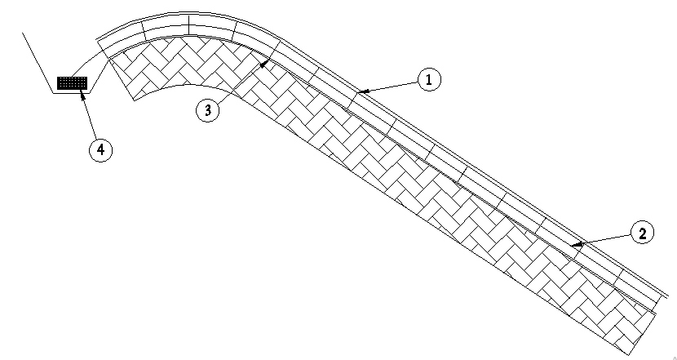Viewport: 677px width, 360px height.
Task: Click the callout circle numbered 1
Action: click(429, 79)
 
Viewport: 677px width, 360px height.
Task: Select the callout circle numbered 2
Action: click(643, 233)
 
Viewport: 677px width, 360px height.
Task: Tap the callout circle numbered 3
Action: click(208, 110)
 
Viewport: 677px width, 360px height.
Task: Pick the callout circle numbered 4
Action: click(100, 150)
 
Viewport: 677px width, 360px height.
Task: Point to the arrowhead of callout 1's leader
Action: click(361, 91)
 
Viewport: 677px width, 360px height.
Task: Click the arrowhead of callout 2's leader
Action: click(575, 245)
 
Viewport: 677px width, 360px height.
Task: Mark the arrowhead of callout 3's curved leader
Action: click(262, 66)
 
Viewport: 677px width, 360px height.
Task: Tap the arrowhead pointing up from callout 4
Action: click(82, 93)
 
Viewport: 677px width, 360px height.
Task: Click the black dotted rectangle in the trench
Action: click(73, 82)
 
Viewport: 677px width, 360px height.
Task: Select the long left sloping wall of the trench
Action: click(38, 63)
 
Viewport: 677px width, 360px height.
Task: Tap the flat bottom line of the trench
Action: click(71, 93)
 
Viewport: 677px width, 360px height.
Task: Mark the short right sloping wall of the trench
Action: click(99, 77)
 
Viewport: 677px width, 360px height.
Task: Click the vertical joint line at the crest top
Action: click(188, 24)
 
